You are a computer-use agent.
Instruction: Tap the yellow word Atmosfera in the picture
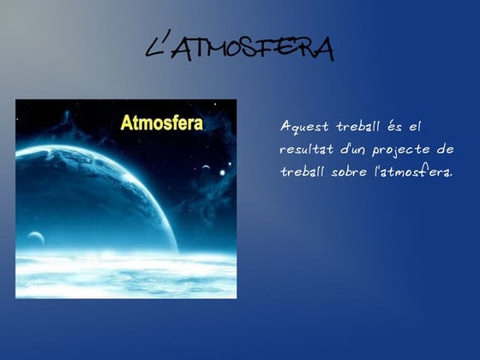(x=162, y=123)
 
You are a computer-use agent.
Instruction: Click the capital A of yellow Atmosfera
(x=126, y=123)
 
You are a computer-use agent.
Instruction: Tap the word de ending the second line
(x=444, y=148)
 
